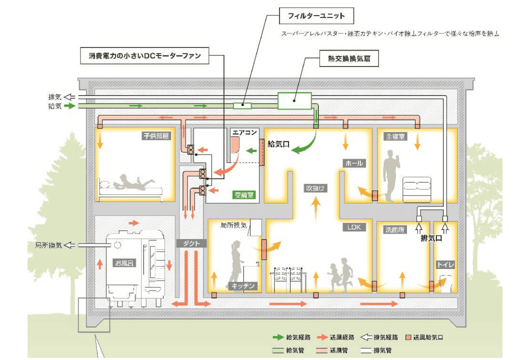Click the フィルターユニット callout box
(316, 16)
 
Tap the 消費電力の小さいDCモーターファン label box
(145, 56)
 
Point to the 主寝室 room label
(395, 136)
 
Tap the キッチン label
(243, 286)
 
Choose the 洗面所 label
(395, 230)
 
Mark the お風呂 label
(124, 262)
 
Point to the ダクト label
(191, 243)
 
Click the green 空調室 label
(244, 195)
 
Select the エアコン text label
(245, 132)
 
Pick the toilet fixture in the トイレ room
(445, 283)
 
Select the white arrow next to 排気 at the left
(70, 96)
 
